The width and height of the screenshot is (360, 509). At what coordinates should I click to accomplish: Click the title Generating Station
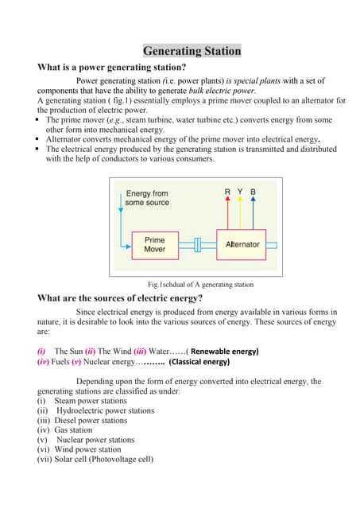tap(191, 52)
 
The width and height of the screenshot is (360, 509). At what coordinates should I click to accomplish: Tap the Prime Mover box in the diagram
tap(154, 244)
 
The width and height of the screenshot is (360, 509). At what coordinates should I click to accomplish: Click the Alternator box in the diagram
tap(242, 244)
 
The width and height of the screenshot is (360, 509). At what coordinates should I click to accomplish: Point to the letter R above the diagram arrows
tap(228, 192)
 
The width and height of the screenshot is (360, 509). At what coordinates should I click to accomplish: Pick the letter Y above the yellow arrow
tap(241, 192)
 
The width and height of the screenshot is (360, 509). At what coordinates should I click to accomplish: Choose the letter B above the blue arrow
tap(253, 192)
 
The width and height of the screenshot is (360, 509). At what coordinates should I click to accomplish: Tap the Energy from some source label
tap(147, 198)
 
